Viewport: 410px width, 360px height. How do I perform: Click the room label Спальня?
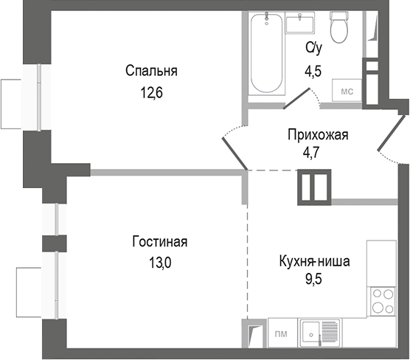click(x=151, y=72)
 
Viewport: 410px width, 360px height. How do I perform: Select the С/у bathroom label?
click(x=314, y=48)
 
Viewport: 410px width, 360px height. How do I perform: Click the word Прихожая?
click(x=317, y=134)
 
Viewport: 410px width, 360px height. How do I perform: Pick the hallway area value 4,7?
click(x=317, y=156)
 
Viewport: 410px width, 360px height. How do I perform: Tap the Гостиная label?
click(x=160, y=242)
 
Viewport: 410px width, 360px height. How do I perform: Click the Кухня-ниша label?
click(x=315, y=260)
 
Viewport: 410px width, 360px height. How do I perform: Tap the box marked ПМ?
click(x=281, y=334)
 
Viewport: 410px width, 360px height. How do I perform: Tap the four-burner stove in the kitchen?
click(x=381, y=301)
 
